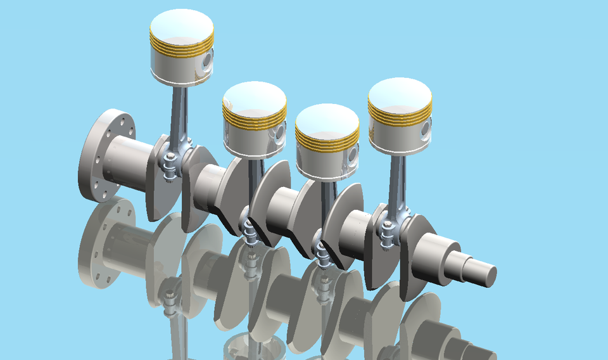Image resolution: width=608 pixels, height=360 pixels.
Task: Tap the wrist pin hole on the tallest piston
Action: (x=206, y=61)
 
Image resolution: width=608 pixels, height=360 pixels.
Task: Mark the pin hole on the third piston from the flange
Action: (x=352, y=153)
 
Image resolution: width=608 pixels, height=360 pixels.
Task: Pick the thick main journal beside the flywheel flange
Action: (x=130, y=162)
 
